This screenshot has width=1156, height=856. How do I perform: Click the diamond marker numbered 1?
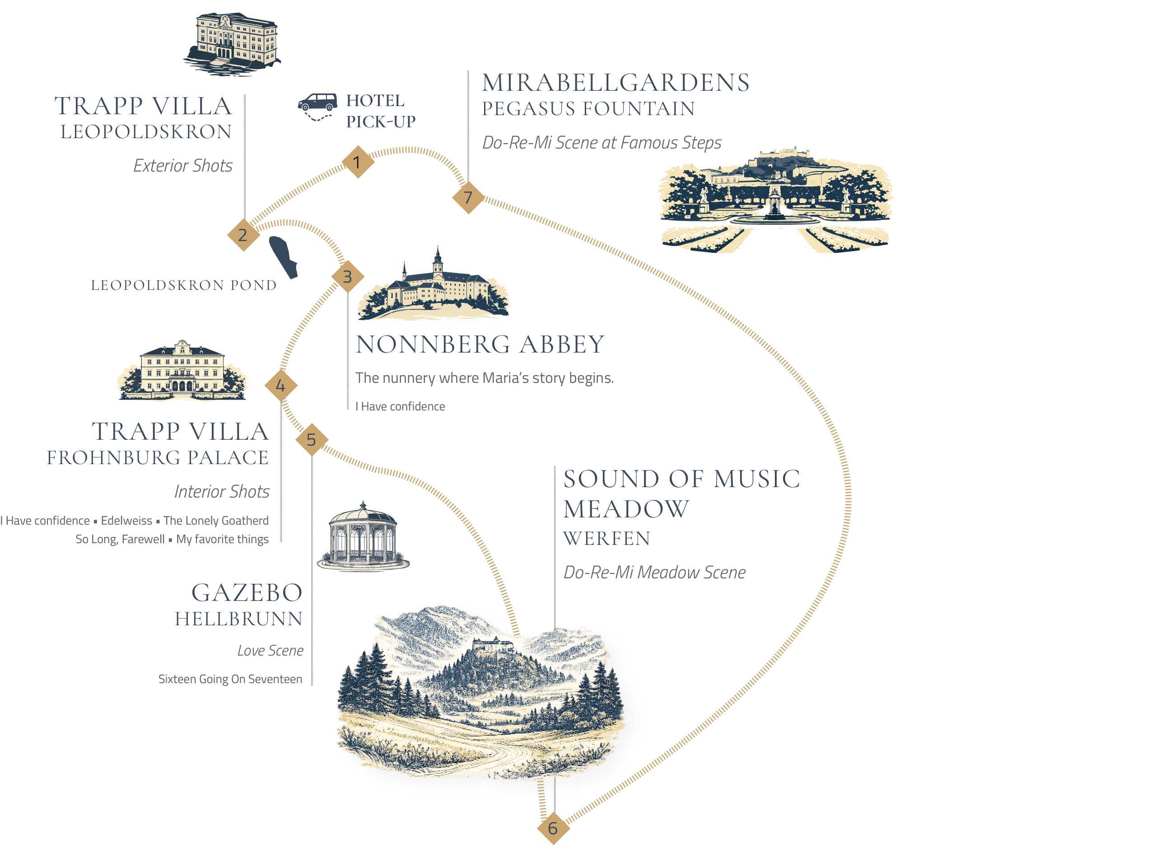[358, 162]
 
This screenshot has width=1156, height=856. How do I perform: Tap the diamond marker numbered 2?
[242, 235]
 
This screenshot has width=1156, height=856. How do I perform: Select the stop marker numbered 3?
[348, 276]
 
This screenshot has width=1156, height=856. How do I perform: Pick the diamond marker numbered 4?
[281, 386]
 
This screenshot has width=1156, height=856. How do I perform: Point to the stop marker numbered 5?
[312, 439]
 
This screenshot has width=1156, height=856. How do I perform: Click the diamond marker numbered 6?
[553, 828]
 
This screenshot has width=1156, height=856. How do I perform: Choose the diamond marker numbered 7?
[468, 197]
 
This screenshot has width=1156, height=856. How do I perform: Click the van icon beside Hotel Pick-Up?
[317, 103]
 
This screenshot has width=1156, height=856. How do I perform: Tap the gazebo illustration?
[363, 537]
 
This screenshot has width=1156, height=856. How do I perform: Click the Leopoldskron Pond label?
[183, 285]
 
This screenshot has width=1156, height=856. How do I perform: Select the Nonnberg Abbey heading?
[480, 344]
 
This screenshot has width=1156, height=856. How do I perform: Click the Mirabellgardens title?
[615, 83]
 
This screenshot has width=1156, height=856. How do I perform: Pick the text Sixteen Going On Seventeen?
[230, 679]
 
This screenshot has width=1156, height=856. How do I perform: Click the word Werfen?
[606, 539]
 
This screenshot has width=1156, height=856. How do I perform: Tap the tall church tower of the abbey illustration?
[438, 259]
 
